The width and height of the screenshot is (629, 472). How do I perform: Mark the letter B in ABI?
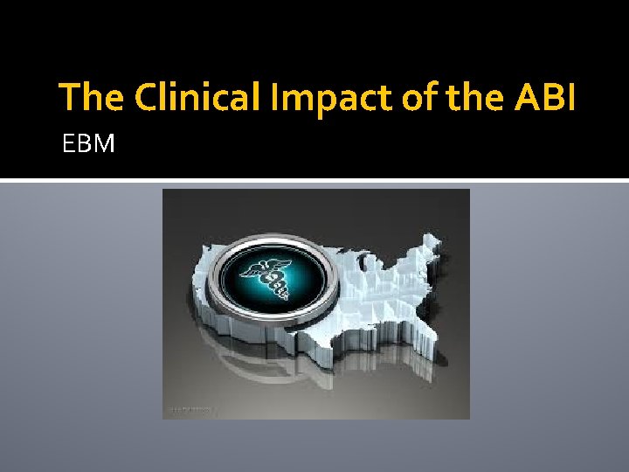[x=550, y=97]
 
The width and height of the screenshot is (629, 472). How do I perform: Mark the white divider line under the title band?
[x=314, y=180]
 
